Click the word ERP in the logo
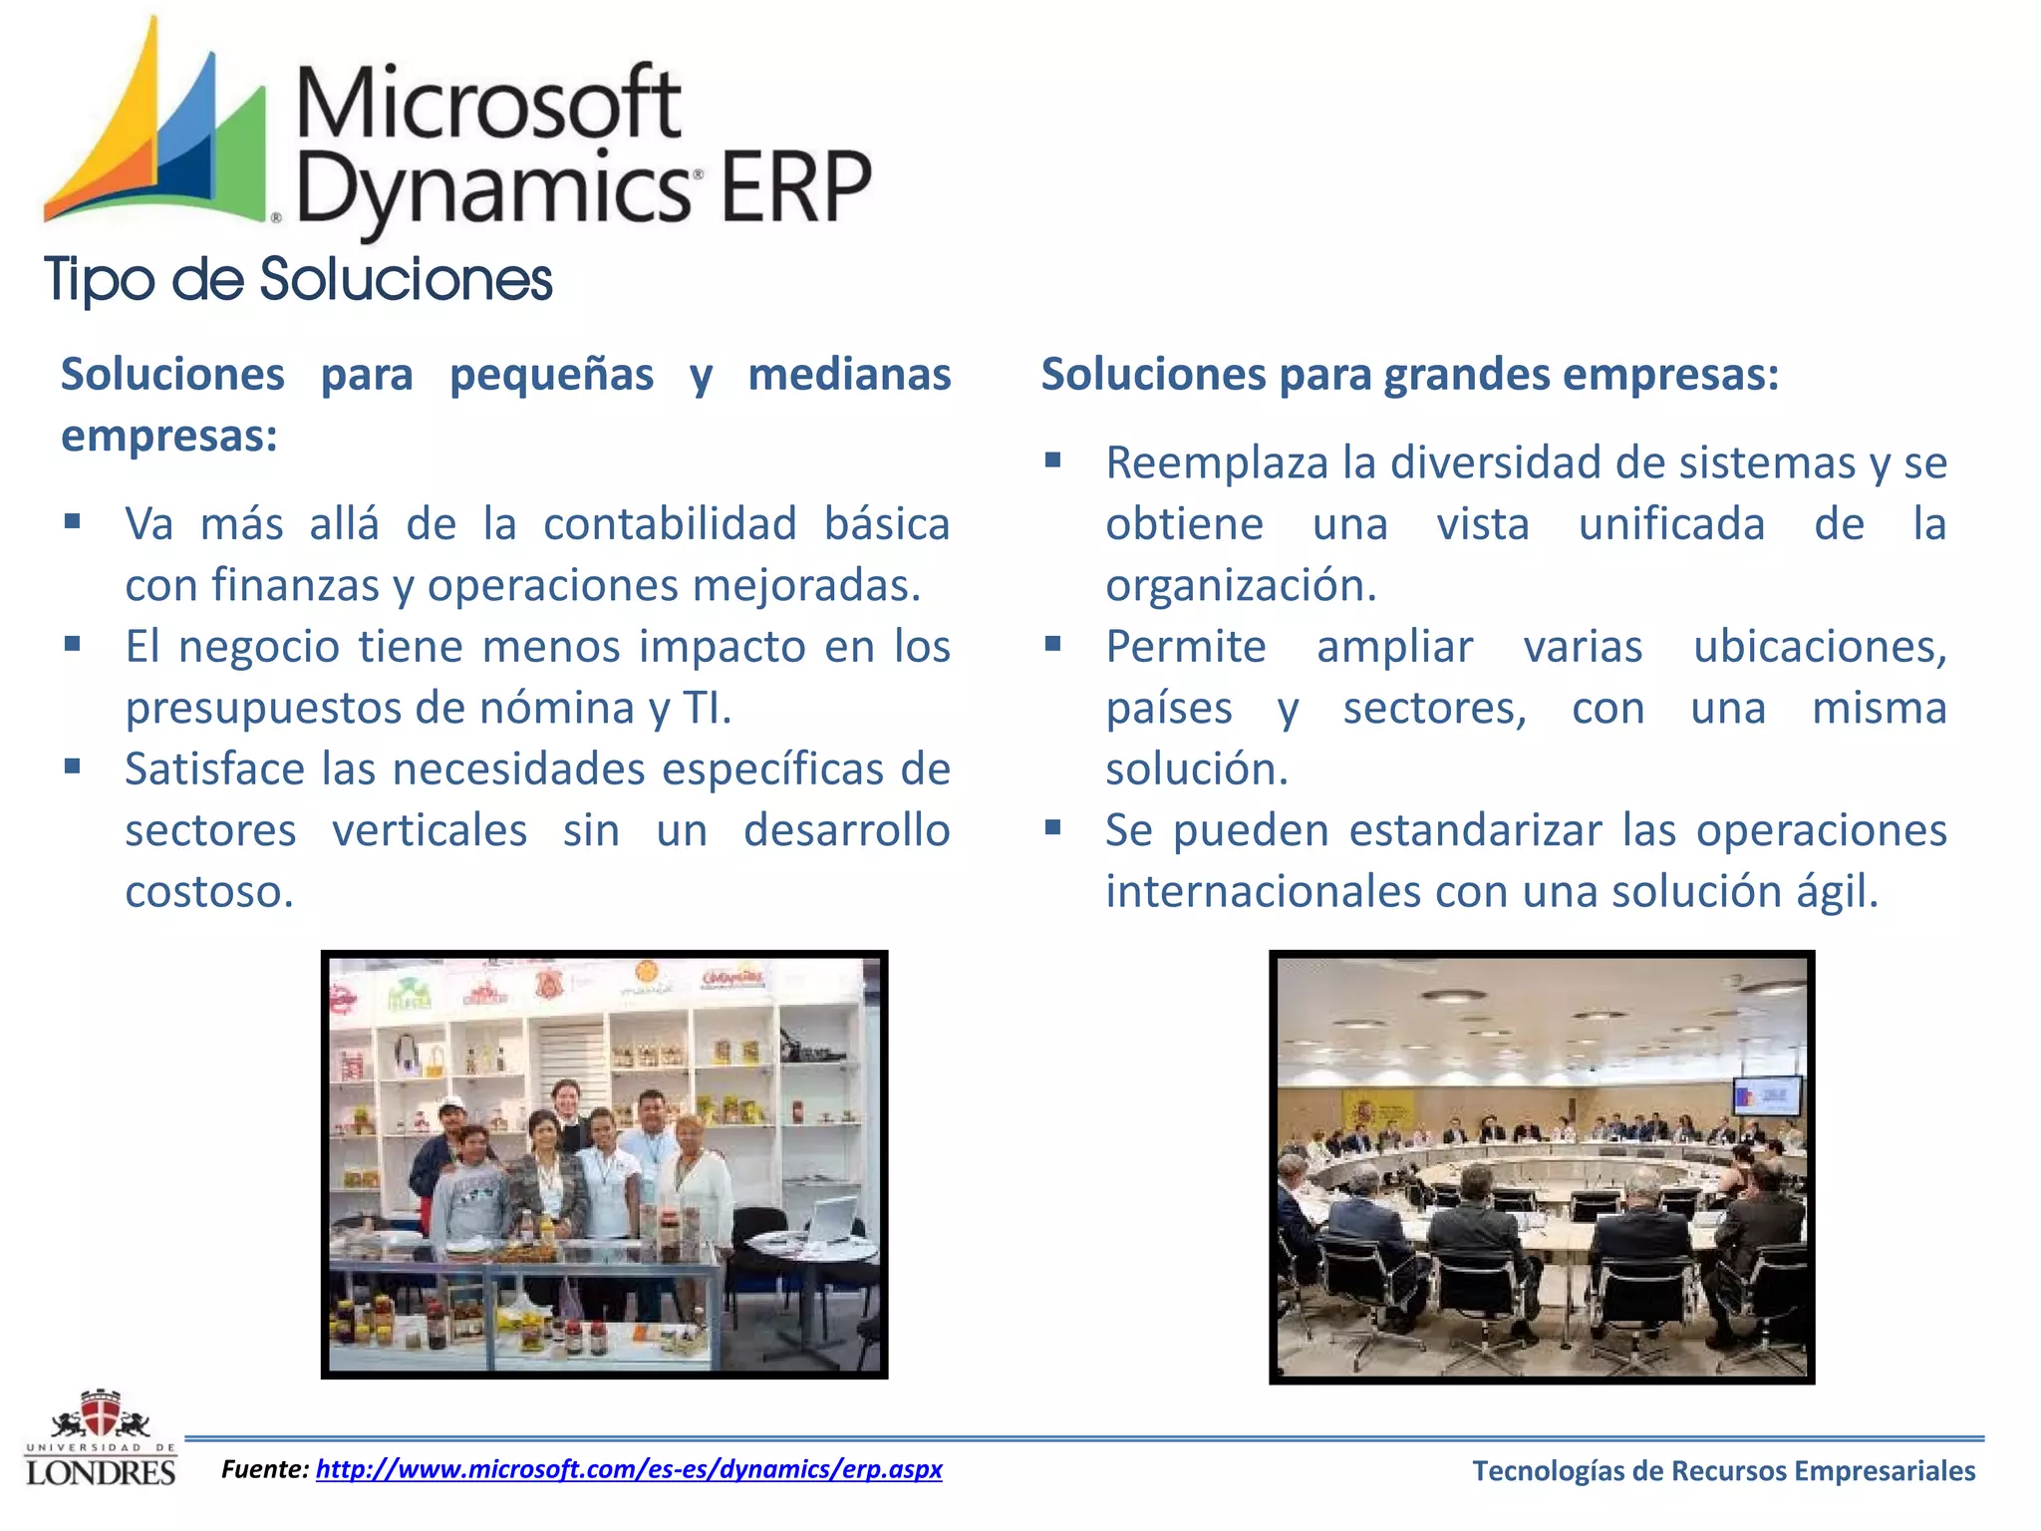(794, 187)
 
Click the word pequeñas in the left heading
(551, 376)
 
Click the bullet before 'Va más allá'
(72, 521)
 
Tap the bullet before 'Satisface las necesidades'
(72, 766)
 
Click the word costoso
(209, 892)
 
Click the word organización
(1241, 586)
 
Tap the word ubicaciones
(1819, 647)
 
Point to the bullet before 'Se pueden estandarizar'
(1052, 827)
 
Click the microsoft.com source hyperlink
(628, 1469)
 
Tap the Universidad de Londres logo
(100, 1439)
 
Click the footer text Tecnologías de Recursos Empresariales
(1723, 1471)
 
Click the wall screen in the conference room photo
(1767, 1096)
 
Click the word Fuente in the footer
(264, 1469)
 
